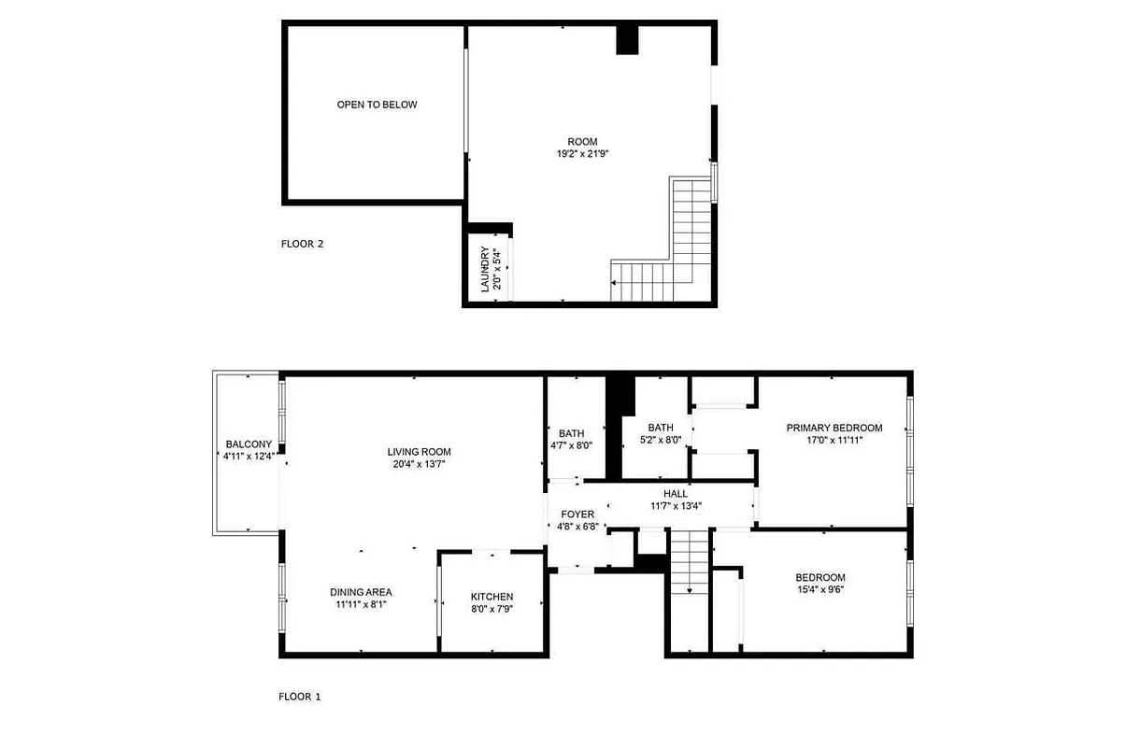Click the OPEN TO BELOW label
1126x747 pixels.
(377, 105)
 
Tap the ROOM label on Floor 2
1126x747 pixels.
(582, 142)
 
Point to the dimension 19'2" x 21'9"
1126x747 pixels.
(582, 154)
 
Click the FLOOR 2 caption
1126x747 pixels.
(302, 245)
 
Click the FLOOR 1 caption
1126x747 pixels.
(300, 697)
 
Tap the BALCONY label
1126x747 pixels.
(249, 444)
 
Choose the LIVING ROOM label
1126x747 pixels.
(420, 452)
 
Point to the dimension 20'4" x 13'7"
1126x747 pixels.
(420, 464)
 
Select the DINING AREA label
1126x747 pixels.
(361, 592)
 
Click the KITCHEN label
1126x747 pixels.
(492, 597)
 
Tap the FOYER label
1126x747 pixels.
(577, 514)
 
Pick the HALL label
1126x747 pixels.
(676, 494)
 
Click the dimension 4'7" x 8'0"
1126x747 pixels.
(572, 445)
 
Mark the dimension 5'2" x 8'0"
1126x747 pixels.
(661, 440)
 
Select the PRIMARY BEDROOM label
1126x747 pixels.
(834, 429)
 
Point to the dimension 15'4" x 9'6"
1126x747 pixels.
(820, 589)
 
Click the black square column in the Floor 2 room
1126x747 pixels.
(627, 39)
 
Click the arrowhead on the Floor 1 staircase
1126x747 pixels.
(690, 590)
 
